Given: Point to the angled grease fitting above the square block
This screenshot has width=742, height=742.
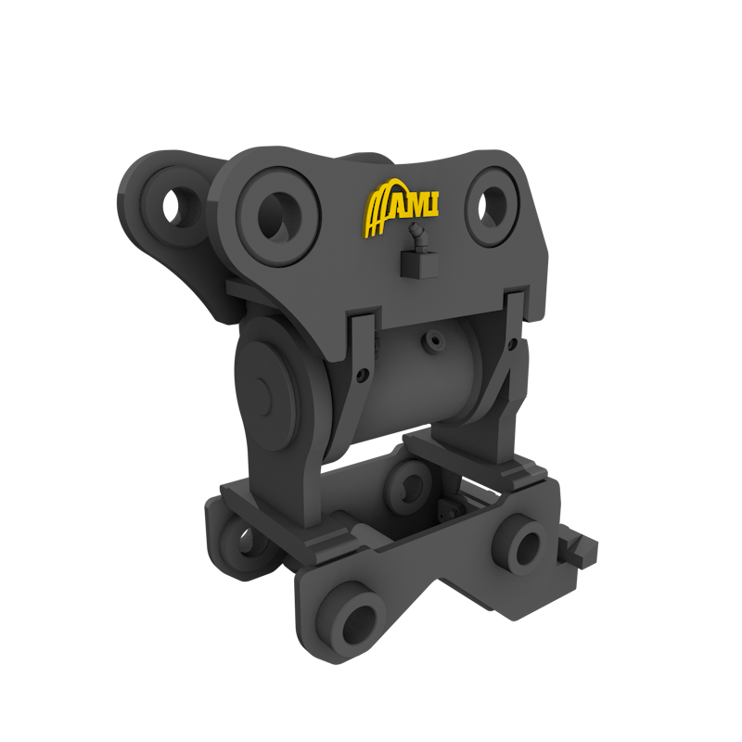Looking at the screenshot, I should pos(418,238).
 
